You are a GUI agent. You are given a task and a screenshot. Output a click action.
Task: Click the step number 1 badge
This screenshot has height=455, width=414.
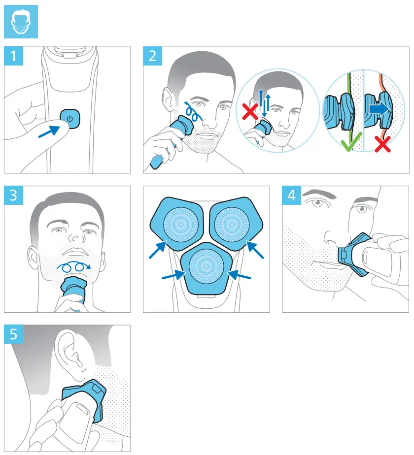click(x=13, y=56)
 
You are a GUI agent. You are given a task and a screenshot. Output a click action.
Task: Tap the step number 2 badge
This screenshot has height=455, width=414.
click(x=152, y=56)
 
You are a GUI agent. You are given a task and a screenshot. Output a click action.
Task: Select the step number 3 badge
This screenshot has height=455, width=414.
click(x=13, y=195)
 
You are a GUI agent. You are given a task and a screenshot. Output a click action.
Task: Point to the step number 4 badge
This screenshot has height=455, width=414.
click(x=292, y=195)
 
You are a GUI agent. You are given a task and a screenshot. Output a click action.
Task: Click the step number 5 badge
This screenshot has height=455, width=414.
click(x=13, y=334)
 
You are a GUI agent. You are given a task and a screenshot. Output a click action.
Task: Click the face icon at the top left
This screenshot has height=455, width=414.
click(x=20, y=22)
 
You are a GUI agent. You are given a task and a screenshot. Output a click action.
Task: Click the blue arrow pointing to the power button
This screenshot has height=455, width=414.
click(x=52, y=132)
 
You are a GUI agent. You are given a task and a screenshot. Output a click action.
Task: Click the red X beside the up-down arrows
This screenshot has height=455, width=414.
click(x=250, y=113)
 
